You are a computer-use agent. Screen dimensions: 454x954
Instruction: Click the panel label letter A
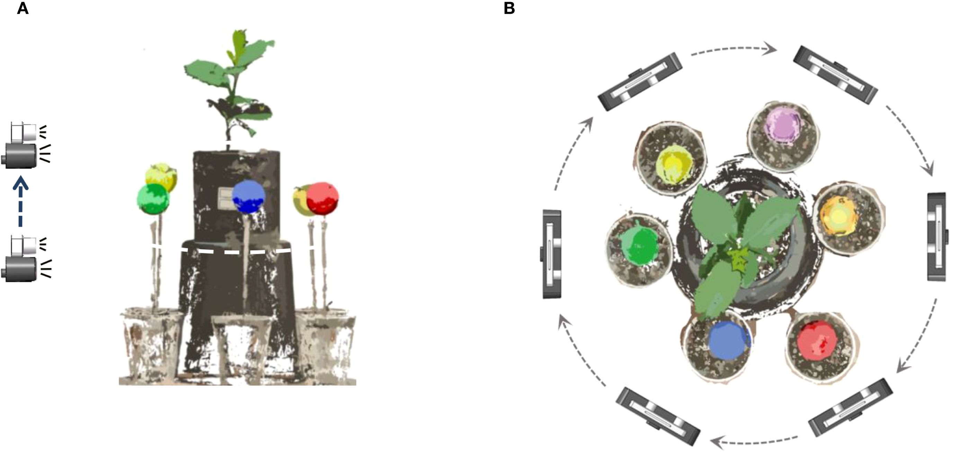coord(22,8)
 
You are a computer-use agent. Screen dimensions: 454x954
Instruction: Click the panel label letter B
coord(509,8)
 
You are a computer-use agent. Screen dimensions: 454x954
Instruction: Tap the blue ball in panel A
coord(249,197)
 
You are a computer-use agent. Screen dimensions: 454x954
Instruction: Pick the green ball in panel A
coord(153,199)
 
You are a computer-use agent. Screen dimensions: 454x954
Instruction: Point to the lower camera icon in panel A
coord(23,259)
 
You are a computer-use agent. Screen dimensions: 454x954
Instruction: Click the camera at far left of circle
coord(552,254)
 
